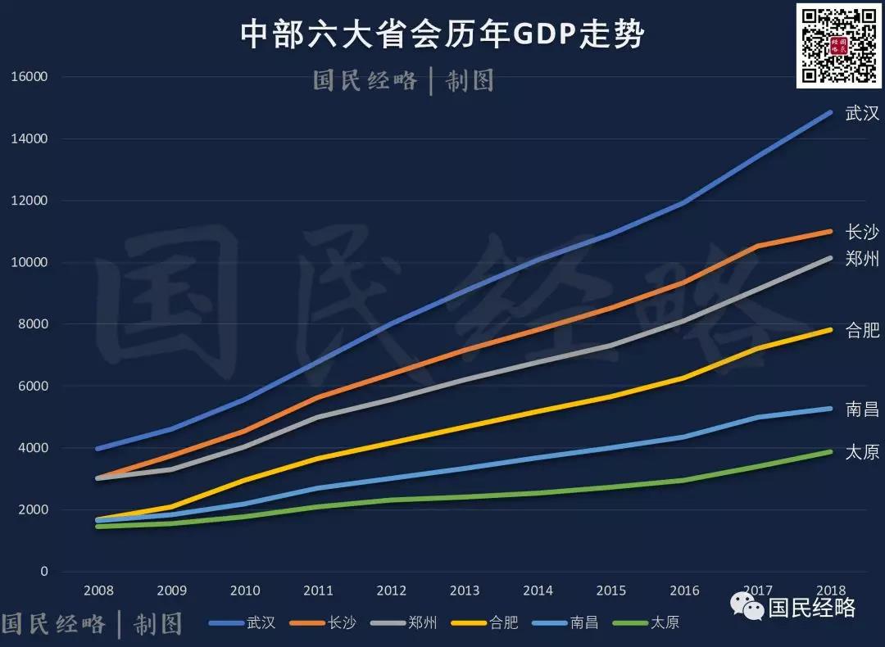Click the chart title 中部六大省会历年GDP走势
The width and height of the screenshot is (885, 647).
click(442, 35)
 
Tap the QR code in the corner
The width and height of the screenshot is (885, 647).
click(838, 45)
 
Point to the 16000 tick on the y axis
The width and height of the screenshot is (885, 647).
click(29, 77)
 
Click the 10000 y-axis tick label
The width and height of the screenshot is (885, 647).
click(29, 263)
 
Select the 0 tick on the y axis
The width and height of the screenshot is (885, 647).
click(44, 572)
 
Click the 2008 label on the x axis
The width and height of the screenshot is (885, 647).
click(98, 590)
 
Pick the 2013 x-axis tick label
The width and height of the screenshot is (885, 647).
click(465, 590)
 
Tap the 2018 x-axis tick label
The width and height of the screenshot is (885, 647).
click(830, 590)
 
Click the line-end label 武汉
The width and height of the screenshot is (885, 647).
click(862, 113)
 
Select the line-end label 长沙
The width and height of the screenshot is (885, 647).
click(862, 232)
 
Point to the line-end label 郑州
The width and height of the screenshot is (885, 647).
click(862, 259)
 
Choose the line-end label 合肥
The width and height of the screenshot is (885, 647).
click(862, 330)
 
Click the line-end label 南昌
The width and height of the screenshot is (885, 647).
click(862, 409)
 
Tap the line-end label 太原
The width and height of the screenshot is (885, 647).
click(862, 452)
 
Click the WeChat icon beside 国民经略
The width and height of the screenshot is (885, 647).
click(748, 607)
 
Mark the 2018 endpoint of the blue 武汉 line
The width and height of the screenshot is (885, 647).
click(830, 112)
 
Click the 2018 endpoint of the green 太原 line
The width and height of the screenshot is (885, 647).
click(830, 451)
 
